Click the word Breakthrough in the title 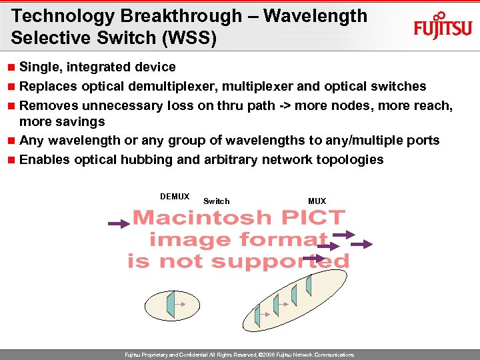(x=193, y=16)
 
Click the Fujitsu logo (x=443, y=27)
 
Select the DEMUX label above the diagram (x=175, y=197)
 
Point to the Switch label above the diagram (x=216, y=201)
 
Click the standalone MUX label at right (x=317, y=201)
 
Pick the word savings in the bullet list (x=81, y=121)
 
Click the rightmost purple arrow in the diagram (x=362, y=245)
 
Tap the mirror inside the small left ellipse (x=171, y=304)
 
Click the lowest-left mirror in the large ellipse (x=257, y=315)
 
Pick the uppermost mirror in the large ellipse (x=309, y=285)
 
